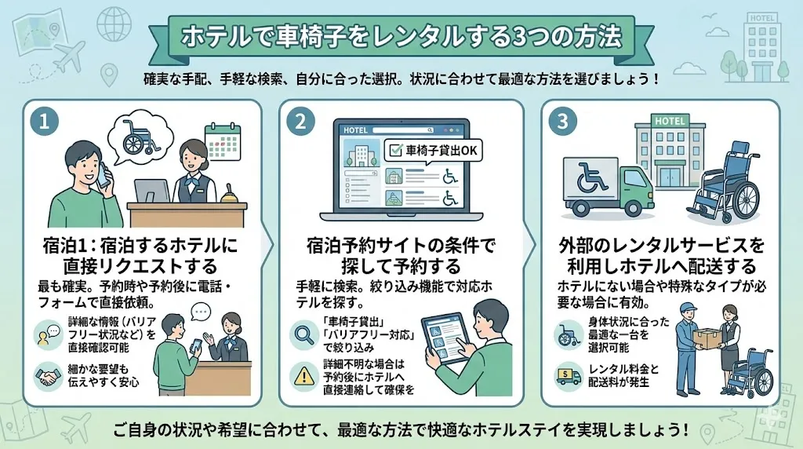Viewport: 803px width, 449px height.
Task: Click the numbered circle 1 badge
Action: click(x=44, y=122)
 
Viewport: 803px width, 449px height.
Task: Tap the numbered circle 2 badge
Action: click(x=300, y=122)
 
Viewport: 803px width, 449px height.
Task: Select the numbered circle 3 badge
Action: click(x=562, y=122)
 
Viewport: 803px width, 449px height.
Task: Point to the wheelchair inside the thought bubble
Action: click(x=140, y=137)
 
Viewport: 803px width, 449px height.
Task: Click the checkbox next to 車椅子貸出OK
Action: click(x=396, y=150)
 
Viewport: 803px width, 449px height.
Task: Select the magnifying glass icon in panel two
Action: click(x=303, y=334)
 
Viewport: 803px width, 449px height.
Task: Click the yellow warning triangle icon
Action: click(x=304, y=377)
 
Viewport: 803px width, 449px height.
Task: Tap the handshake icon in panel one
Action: click(x=48, y=377)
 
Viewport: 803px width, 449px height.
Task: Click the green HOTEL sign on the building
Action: click(x=670, y=121)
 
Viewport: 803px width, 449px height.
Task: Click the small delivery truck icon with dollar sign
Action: click(x=568, y=376)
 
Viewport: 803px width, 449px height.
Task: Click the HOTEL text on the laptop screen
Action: click(x=355, y=130)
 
